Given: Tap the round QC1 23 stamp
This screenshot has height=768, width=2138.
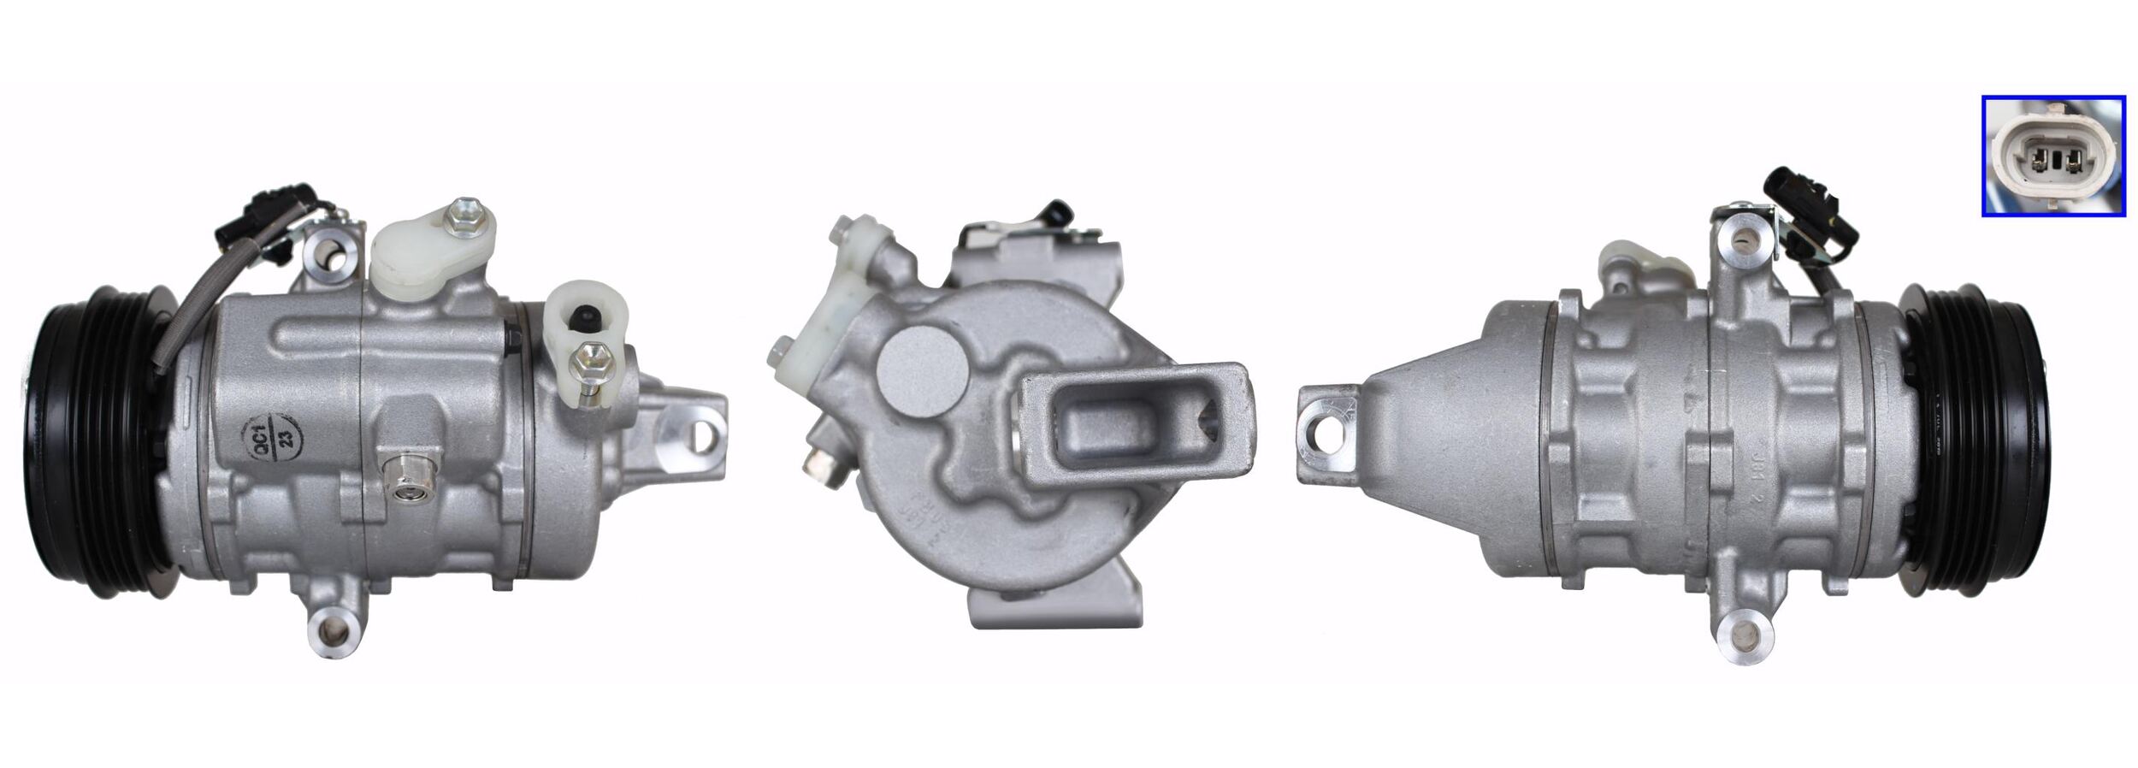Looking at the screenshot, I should pos(271,438).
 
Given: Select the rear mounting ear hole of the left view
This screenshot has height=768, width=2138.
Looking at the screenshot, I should pos(702,436).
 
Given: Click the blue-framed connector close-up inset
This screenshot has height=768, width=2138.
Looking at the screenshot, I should pos(2052,157).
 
